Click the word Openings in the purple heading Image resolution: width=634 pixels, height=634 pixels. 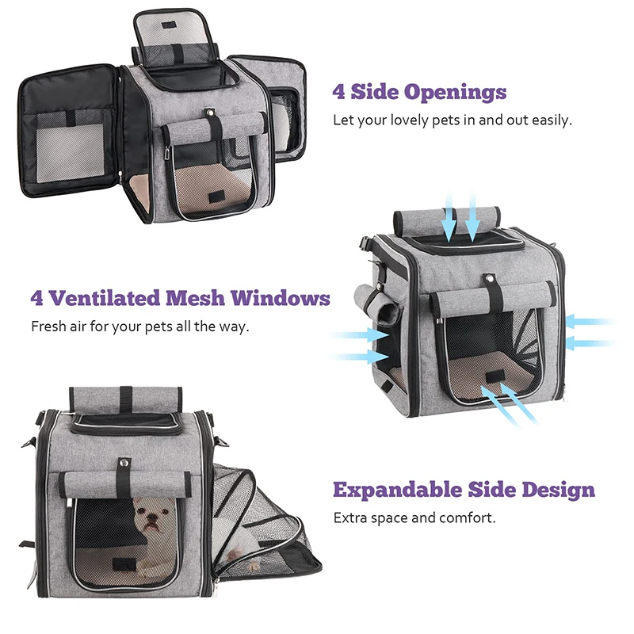click(x=455, y=93)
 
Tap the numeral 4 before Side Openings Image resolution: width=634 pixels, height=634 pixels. click(x=339, y=93)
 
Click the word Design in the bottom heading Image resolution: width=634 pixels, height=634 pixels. click(x=558, y=489)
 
